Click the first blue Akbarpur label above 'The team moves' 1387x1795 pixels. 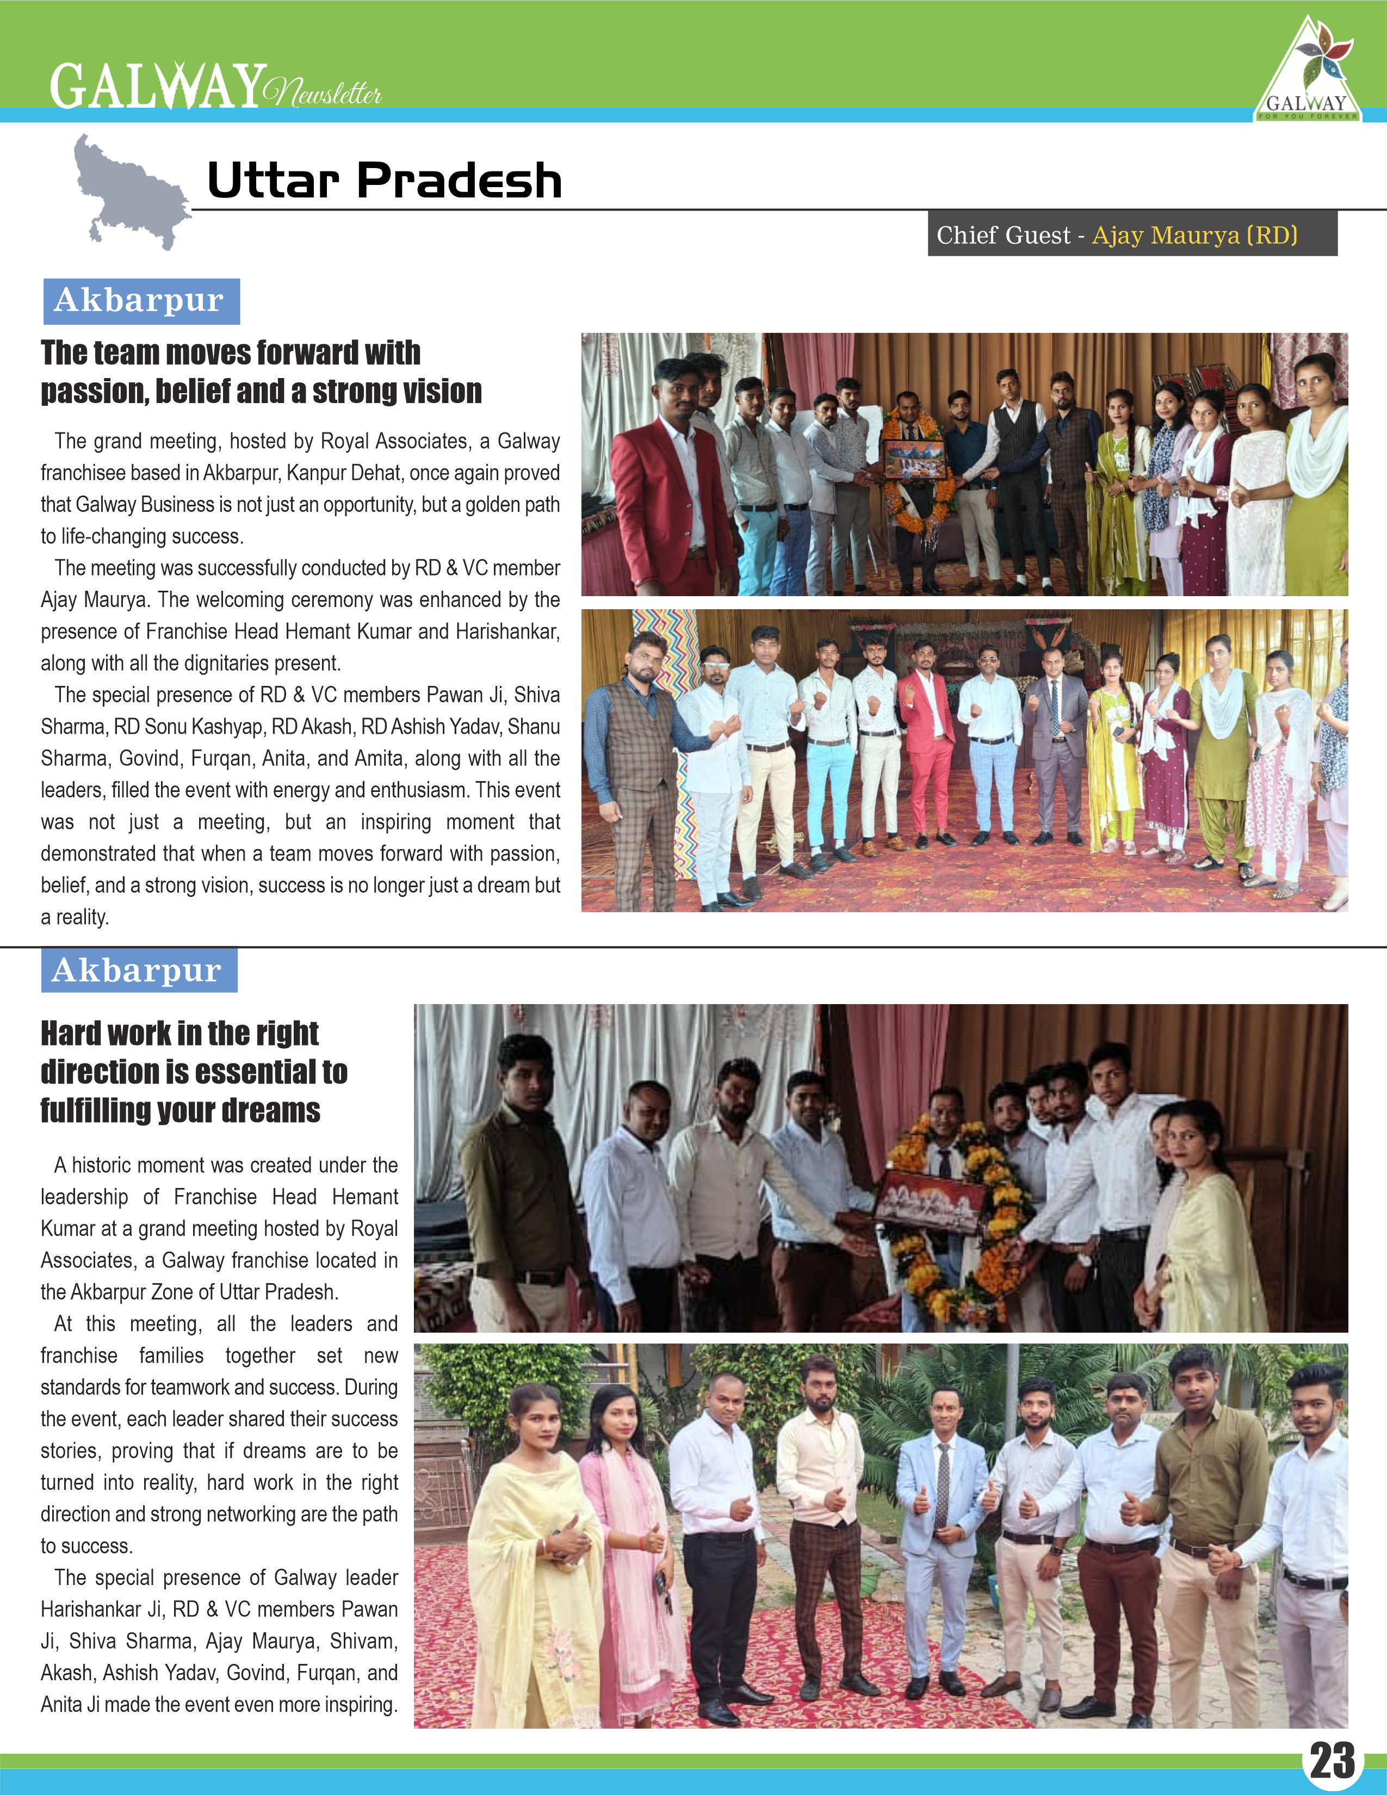(140, 301)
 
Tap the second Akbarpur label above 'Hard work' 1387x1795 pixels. (138, 970)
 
